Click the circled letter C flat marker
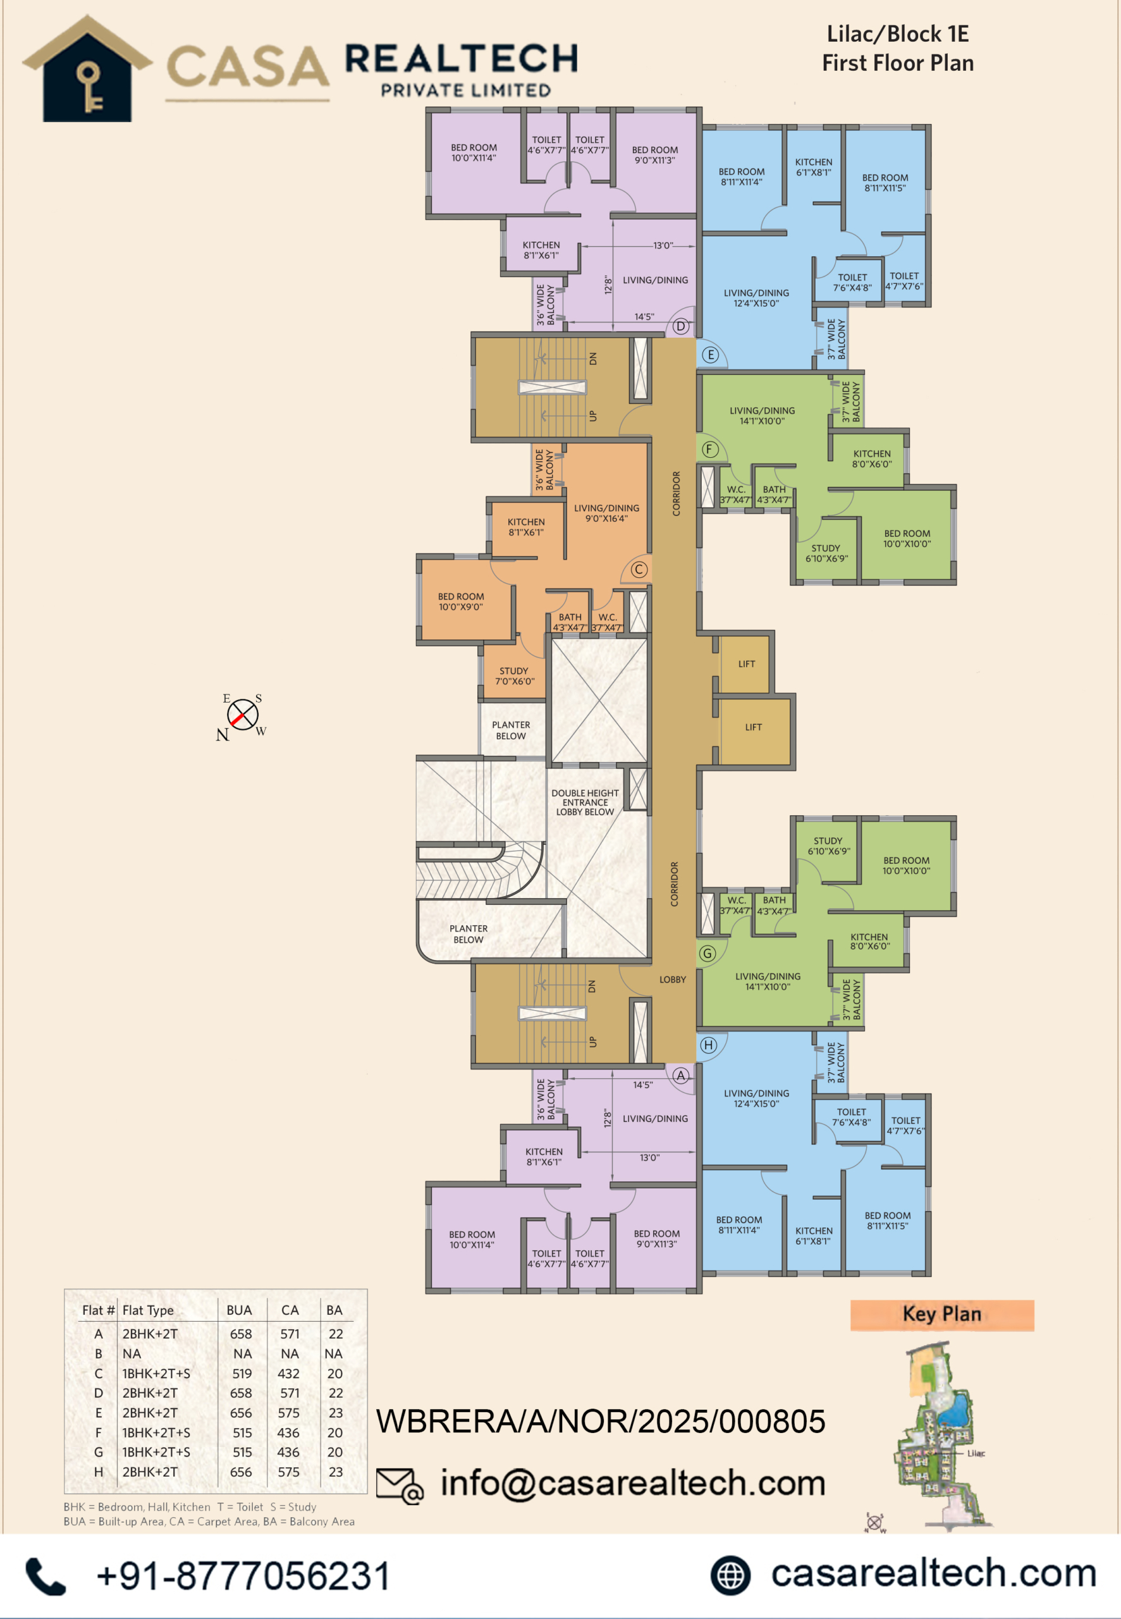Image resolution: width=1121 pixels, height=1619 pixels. click(639, 570)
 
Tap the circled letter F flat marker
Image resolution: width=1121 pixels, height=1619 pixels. click(710, 450)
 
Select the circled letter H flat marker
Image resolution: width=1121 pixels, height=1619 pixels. click(708, 1045)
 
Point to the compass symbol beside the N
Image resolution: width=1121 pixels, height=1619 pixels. click(242, 715)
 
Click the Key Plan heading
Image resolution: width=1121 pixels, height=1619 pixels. click(942, 1314)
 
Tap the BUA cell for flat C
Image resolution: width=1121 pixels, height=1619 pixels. click(242, 1373)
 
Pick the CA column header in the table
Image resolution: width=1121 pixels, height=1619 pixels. click(290, 1310)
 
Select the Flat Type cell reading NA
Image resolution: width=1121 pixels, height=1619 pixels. click(132, 1353)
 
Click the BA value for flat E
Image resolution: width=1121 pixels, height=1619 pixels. click(336, 1412)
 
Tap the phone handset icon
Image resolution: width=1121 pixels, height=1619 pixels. click(46, 1575)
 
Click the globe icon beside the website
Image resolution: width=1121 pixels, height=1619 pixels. click(730, 1575)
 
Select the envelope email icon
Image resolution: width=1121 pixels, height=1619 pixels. click(400, 1486)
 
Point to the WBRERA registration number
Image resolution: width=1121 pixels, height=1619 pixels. click(601, 1421)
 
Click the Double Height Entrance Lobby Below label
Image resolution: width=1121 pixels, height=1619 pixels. click(585, 802)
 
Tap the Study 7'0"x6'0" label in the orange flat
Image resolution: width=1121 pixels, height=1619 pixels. click(515, 675)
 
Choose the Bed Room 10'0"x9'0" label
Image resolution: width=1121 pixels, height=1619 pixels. click(461, 601)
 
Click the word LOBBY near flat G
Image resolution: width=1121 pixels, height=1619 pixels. click(672, 979)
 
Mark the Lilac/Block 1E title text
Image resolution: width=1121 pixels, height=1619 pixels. click(898, 34)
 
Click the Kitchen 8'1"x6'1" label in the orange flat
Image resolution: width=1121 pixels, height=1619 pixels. click(526, 527)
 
